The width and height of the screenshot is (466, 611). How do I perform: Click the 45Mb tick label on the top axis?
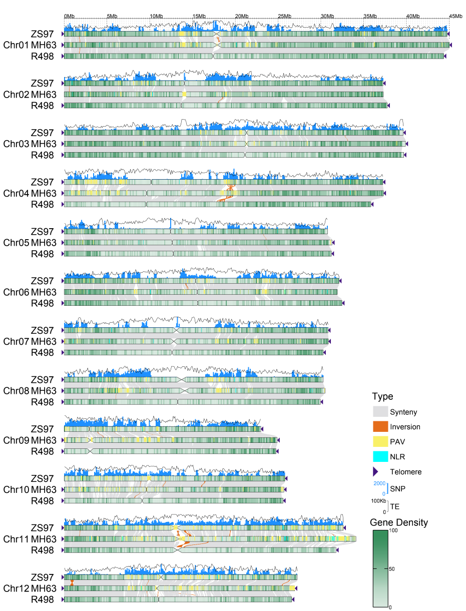pyautogui.click(x=455, y=17)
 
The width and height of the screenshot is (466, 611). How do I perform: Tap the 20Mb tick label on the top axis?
pyautogui.click(x=242, y=17)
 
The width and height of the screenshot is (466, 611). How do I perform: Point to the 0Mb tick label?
pyautogui.click(x=69, y=17)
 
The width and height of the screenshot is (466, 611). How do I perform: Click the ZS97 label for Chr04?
pyautogui.click(x=42, y=182)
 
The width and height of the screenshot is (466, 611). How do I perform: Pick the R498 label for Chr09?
pyautogui.click(x=42, y=451)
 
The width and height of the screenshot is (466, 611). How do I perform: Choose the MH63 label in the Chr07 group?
pyautogui.click(x=44, y=341)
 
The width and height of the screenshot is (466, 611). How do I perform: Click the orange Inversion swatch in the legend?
pyautogui.click(x=380, y=427)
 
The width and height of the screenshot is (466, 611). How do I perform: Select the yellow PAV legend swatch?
pyautogui.click(x=380, y=441)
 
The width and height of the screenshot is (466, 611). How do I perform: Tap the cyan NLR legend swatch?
pyautogui.click(x=380, y=456)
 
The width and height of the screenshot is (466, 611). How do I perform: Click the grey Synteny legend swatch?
pyautogui.click(x=380, y=412)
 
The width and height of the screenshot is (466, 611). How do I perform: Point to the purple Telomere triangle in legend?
pyautogui.click(x=375, y=471)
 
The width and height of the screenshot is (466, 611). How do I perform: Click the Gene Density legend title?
pyautogui.click(x=399, y=522)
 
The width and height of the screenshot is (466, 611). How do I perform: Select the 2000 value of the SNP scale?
pyautogui.click(x=378, y=483)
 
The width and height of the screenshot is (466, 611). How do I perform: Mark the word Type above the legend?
pyautogui.click(x=382, y=397)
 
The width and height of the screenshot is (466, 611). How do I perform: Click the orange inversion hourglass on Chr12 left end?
pyautogui.click(x=73, y=582)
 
